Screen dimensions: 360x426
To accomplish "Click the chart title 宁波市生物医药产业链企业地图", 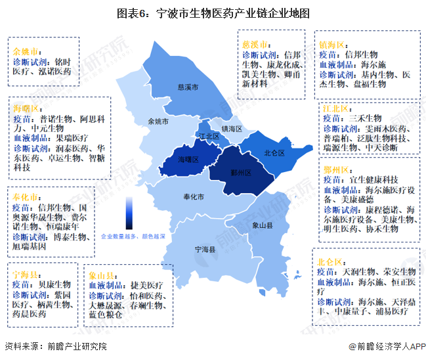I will click(x=213, y=13).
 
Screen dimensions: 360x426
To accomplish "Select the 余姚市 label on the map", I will click(x=159, y=122).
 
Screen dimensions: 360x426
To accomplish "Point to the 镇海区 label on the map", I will click(x=232, y=129).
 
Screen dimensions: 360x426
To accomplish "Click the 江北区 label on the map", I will click(x=208, y=136).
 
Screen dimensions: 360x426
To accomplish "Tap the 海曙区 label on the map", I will click(x=188, y=159).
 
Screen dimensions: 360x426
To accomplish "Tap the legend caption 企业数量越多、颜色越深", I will click(x=133, y=235).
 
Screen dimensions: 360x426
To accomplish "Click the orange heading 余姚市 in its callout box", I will click(x=26, y=50).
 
